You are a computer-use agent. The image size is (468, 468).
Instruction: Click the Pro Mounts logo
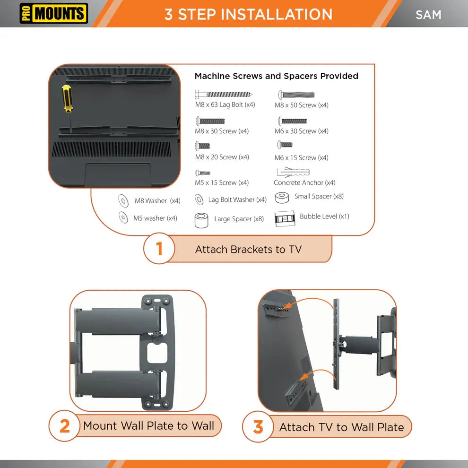(54, 13)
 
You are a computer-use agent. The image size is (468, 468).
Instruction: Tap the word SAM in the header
(428, 15)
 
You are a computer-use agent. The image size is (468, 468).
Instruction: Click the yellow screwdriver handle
(68, 98)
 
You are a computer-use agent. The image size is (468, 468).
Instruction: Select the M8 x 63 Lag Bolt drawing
(223, 95)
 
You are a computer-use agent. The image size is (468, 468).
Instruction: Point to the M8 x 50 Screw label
(302, 105)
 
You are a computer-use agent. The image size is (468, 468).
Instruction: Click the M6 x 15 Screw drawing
(285, 145)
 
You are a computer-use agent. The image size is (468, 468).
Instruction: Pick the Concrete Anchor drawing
(293, 172)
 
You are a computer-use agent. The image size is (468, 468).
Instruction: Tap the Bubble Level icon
(285, 219)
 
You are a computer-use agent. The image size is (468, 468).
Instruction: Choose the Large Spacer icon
(201, 220)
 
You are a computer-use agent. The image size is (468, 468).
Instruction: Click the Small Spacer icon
(282, 198)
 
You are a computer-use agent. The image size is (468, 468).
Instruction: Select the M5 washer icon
(123, 217)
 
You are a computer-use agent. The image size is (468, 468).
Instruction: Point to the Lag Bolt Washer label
(237, 199)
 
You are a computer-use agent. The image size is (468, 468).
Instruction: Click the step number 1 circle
(159, 248)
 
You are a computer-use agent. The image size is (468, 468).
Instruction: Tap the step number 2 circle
(64, 425)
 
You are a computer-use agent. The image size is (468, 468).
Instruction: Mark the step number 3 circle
(258, 427)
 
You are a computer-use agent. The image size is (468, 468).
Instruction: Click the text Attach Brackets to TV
(248, 250)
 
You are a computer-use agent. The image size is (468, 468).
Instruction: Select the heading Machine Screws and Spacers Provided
(277, 76)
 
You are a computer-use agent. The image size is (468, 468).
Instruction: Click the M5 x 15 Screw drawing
(203, 173)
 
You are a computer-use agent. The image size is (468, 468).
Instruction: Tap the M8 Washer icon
(123, 200)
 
